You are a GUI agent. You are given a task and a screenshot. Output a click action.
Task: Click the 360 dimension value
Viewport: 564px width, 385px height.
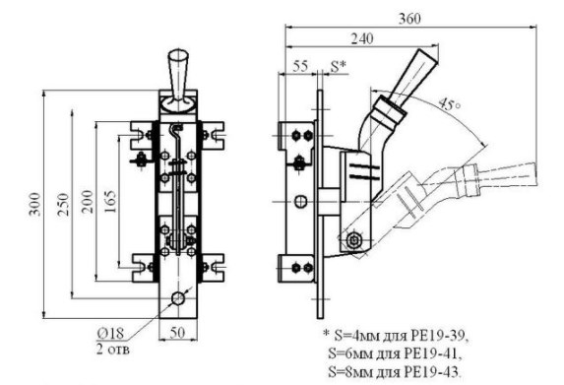(x=409, y=19)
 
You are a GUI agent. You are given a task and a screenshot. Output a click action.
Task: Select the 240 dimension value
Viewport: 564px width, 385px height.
(x=362, y=38)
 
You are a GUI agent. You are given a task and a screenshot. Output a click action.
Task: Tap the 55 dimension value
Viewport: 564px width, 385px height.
(x=300, y=66)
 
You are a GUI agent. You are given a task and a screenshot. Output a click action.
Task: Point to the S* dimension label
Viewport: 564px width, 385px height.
(x=339, y=66)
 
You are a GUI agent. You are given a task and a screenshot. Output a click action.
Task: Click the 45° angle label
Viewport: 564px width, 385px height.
(x=449, y=104)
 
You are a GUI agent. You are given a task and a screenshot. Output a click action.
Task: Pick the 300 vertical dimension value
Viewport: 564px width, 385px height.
(x=35, y=204)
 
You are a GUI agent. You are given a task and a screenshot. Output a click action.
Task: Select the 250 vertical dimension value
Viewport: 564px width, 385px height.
(x=63, y=204)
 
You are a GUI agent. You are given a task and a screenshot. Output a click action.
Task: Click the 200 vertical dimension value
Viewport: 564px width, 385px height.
(x=88, y=202)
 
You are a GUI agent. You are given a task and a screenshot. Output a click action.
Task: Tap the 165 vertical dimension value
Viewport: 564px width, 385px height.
(x=110, y=202)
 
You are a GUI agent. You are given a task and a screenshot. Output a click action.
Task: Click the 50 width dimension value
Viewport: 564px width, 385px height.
(x=177, y=333)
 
